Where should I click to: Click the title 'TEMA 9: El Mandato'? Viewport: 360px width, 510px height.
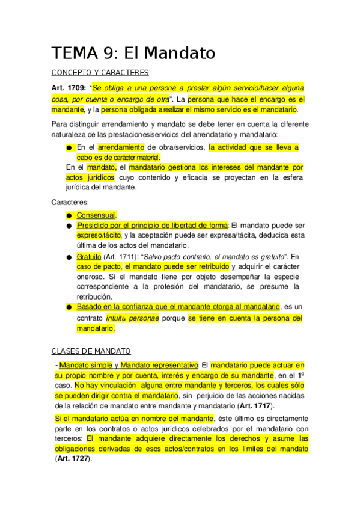[x=133, y=53]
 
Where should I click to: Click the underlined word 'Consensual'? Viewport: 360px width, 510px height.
[x=96, y=215]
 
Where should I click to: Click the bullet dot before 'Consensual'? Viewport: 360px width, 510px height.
[x=69, y=215]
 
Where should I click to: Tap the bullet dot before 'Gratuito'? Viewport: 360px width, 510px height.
[x=69, y=257]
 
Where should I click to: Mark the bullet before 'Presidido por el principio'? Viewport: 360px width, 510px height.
[x=69, y=226]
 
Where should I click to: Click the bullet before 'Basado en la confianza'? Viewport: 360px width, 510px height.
[x=69, y=307]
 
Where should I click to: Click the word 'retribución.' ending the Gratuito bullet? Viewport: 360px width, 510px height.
[x=94, y=296]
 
